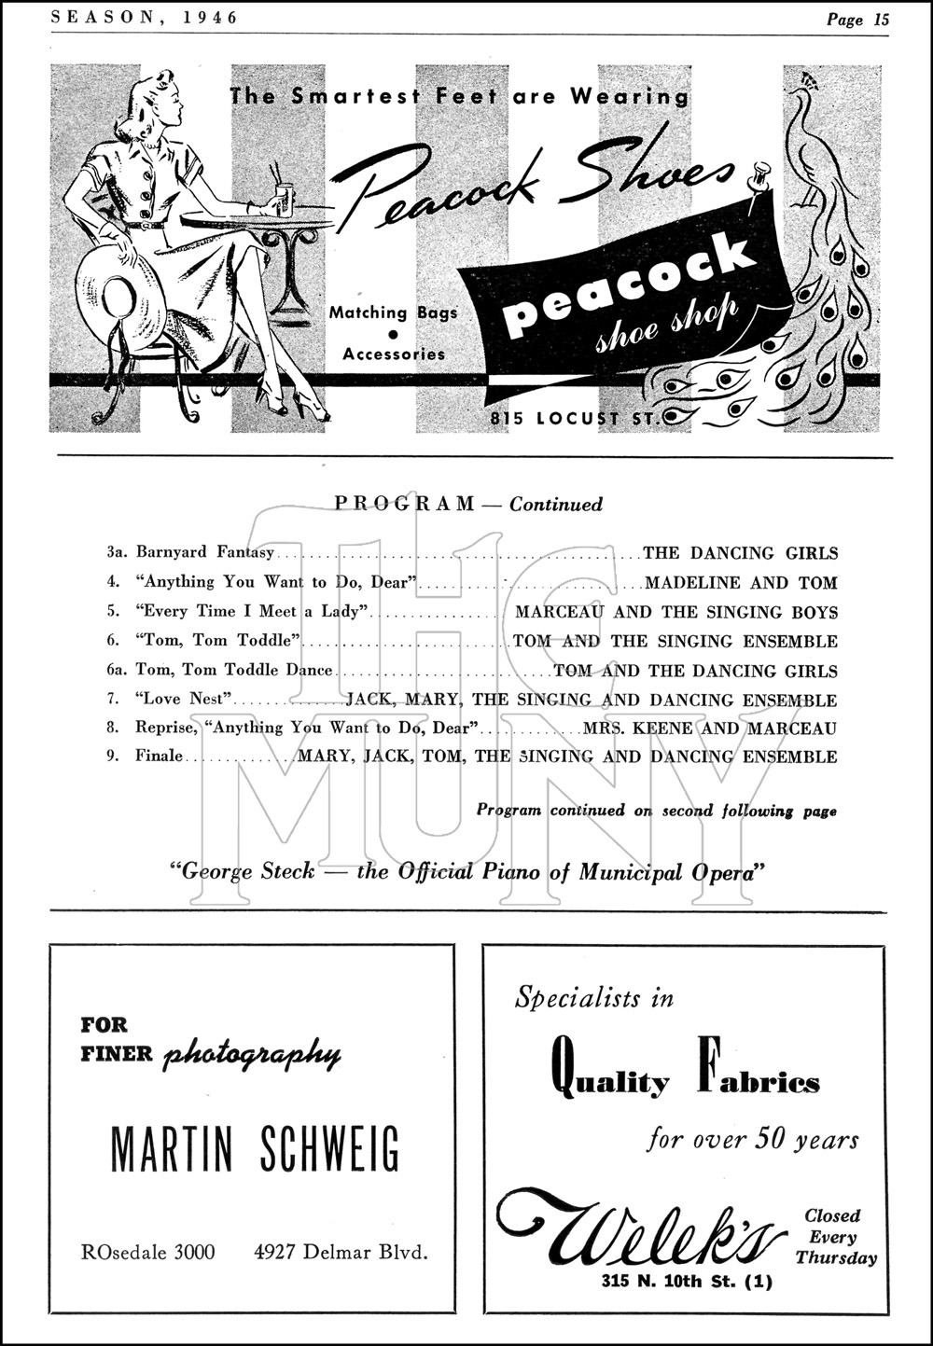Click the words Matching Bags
click(x=393, y=312)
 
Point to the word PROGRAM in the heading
click(x=404, y=505)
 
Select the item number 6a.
click(x=116, y=670)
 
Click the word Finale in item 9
click(x=159, y=756)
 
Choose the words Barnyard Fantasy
click(x=205, y=552)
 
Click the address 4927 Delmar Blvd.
click(x=341, y=1252)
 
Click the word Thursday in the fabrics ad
click(x=837, y=1258)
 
